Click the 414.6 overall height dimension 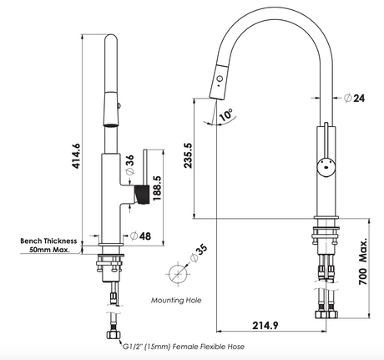pyautogui.click(x=76, y=156)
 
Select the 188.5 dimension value pyautogui.click(x=157, y=188)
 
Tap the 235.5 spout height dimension pyautogui.click(x=188, y=155)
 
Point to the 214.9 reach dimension pyautogui.click(x=265, y=325)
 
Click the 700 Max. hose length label pyautogui.click(x=363, y=261)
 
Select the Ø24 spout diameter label pyautogui.click(x=354, y=98)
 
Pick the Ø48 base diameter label pyautogui.click(x=141, y=236)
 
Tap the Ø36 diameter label pyautogui.click(x=129, y=165)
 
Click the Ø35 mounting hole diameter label pyautogui.click(x=199, y=253)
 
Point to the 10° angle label pyautogui.click(x=226, y=114)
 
